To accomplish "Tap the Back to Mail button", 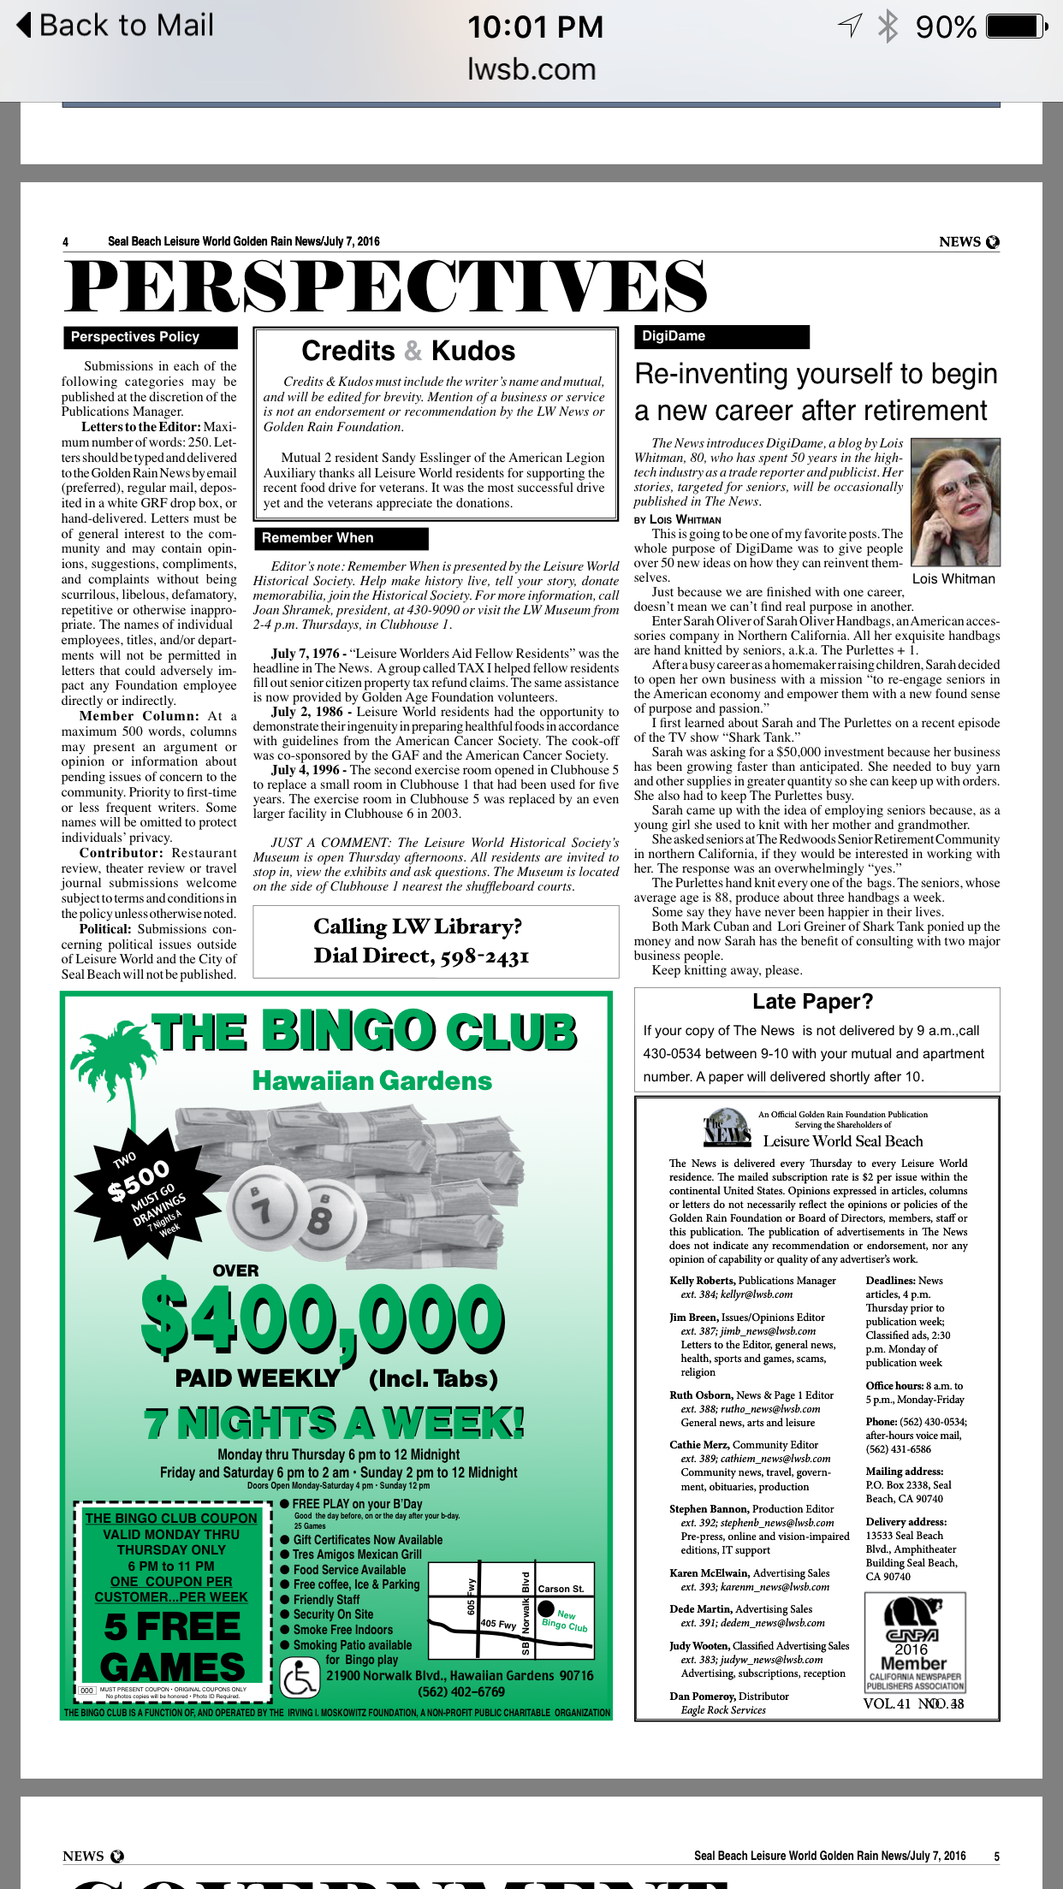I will coord(116,26).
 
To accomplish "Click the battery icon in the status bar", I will coord(1017,27).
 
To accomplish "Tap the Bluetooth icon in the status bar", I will coord(888,27).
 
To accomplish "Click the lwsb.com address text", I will coord(531,69).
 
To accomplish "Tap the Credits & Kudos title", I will coord(408,351).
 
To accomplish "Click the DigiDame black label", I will coord(721,336).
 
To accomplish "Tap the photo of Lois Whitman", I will coord(955,502).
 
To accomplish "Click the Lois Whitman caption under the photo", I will coord(953,579).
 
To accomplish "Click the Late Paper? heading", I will coord(812,1002).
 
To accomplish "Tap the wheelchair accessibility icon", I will coord(300,1678).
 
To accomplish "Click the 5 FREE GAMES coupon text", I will coord(173,1647).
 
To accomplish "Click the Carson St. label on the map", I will coord(561,1590).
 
